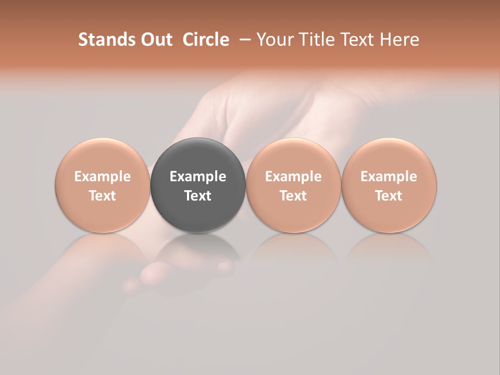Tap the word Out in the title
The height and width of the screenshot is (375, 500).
coord(155,40)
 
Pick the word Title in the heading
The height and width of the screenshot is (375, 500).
coord(315,40)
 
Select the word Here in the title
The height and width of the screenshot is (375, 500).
coord(399,40)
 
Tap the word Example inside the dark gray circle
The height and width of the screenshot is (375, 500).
coord(198,177)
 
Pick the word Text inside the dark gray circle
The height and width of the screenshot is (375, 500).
coord(198,196)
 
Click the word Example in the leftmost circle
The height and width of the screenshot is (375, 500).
coord(102,177)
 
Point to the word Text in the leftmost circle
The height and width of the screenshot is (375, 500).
coord(102,196)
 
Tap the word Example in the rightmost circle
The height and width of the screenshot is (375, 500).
coord(389,177)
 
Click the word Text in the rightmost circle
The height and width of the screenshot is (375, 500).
coord(389,196)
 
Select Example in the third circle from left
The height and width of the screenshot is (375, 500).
coord(293,177)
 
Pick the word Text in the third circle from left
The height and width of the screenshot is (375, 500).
coord(293,196)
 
